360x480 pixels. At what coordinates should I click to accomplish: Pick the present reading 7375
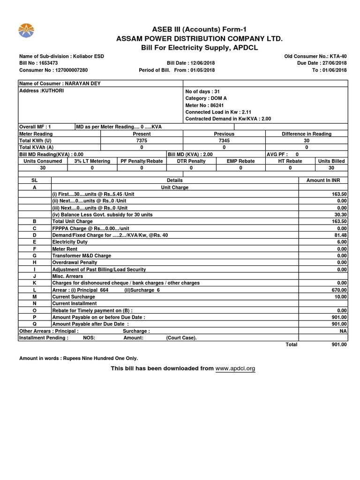[x=142, y=140]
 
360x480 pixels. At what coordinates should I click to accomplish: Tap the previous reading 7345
[x=224, y=140]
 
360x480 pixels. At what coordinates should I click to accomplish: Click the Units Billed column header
[x=331, y=161]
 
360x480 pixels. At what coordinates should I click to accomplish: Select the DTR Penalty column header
[x=191, y=161]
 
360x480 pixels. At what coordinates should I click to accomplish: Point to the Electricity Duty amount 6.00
[x=342, y=242]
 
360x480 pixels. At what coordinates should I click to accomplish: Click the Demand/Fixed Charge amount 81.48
[x=341, y=235]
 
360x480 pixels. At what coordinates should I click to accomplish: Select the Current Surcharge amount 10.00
[x=341, y=297]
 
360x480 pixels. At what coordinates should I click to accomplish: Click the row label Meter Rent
[x=65, y=249]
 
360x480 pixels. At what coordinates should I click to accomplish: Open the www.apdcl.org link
[x=235, y=369]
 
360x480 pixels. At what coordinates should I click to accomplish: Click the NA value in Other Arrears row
[x=344, y=331]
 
